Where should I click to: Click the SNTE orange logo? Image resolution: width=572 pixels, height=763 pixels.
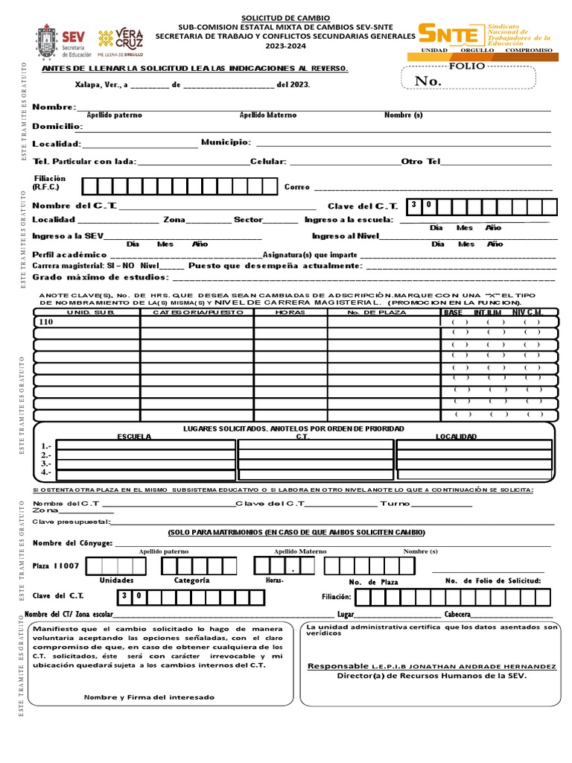click(x=450, y=34)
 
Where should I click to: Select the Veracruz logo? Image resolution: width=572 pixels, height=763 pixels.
click(x=121, y=42)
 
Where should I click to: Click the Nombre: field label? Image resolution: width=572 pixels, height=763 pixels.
click(x=54, y=108)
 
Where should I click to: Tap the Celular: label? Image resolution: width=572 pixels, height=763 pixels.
click(x=268, y=161)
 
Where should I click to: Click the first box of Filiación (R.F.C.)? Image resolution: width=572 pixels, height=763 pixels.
click(x=89, y=186)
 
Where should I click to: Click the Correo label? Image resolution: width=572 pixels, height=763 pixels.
click(x=296, y=187)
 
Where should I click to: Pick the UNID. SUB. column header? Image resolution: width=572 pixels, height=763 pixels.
click(x=86, y=312)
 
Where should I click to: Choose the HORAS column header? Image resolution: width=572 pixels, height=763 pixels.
click(x=290, y=312)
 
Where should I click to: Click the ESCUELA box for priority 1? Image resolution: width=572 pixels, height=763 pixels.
click(x=146, y=446)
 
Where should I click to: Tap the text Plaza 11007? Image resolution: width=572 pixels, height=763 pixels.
click(x=56, y=566)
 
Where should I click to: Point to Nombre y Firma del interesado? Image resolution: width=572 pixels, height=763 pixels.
click(x=149, y=697)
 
